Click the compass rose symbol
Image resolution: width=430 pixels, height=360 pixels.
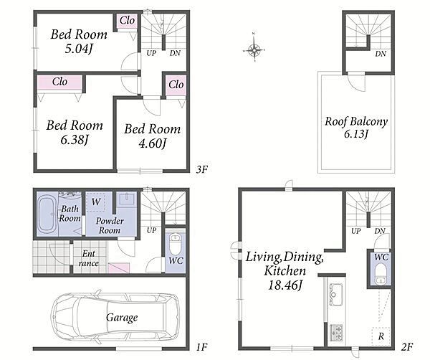tap(254, 50)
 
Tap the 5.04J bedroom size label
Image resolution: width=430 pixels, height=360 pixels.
tap(78, 49)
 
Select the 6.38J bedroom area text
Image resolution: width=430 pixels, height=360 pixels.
tap(75, 140)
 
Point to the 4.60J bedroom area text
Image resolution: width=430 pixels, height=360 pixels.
tap(152, 143)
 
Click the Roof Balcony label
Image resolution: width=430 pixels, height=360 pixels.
tap(356, 122)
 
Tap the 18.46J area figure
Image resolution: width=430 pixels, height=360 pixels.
tap(285, 285)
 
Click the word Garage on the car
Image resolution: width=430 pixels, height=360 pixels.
tap(122, 318)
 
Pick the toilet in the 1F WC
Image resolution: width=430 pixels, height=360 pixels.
tap(174, 244)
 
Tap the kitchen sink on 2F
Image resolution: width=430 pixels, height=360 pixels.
tap(335, 295)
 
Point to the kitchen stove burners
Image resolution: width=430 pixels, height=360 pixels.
tap(336, 333)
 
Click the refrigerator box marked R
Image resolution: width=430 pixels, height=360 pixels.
tap(381, 336)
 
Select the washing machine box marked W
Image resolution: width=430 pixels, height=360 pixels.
tap(95, 202)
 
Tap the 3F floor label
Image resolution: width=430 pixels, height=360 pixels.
tap(201, 169)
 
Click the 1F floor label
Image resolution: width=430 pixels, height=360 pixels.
tap(201, 347)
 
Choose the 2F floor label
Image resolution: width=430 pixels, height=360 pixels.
tap(407, 347)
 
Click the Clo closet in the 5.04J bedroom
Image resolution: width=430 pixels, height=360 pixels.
tap(127, 21)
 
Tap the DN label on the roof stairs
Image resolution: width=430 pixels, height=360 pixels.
tap(381, 54)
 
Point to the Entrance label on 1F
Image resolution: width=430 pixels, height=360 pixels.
tap(88, 258)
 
